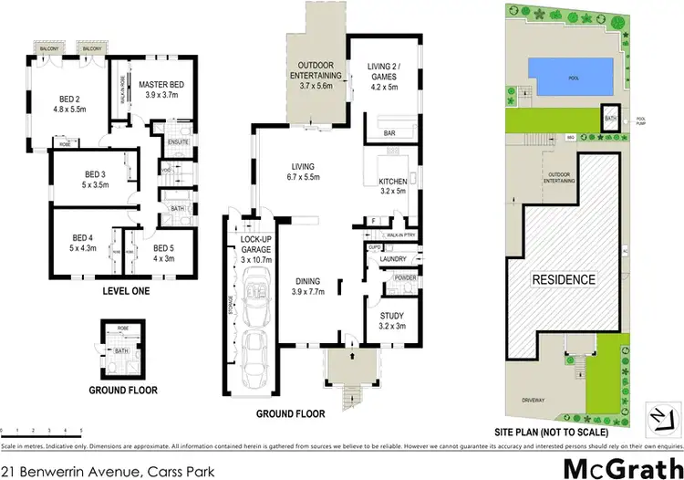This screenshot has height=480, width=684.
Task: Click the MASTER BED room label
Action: (x=161, y=85)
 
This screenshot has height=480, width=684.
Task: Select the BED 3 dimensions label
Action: (x=96, y=184)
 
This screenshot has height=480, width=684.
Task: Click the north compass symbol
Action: (x=657, y=414)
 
